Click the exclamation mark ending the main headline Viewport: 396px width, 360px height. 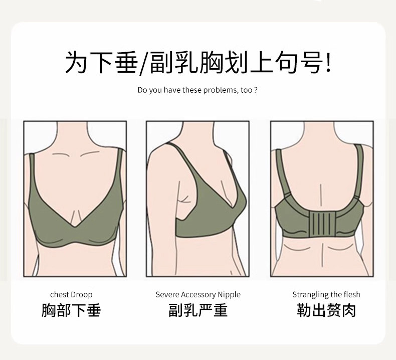click(x=328, y=62)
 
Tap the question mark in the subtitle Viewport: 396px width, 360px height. click(x=256, y=90)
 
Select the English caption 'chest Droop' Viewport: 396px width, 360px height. click(x=71, y=295)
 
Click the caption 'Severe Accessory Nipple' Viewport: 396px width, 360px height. click(x=198, y=295)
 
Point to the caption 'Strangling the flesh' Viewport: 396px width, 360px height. click(x=326, y=295)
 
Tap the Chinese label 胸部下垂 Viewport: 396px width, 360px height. click(x=71, y=310)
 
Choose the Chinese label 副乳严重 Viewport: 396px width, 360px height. click(x=198, y=310)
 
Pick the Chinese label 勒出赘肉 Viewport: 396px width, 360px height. click(x=326, y=310)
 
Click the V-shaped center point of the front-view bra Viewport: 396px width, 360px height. click(x=74, y=227)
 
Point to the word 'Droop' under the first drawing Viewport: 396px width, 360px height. click(x=82, y=295)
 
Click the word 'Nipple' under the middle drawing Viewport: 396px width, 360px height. click(x=229, y=295)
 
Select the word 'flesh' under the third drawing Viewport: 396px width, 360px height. click(x=352, y=295)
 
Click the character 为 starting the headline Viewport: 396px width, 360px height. click(x=76, y=62)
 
